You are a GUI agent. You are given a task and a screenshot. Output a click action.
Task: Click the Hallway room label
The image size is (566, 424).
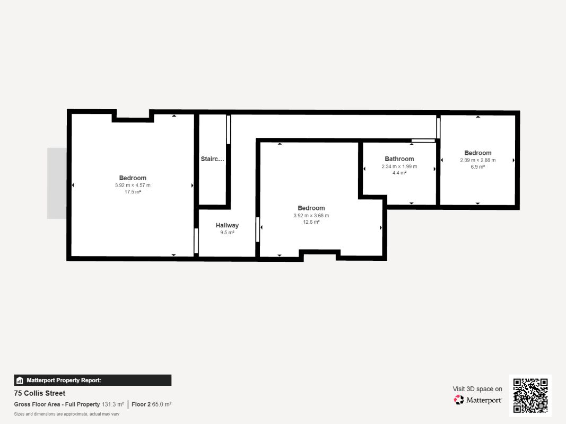227,225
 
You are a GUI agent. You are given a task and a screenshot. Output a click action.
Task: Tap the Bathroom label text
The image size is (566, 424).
399,159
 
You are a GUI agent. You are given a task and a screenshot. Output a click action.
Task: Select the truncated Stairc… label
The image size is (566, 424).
212,159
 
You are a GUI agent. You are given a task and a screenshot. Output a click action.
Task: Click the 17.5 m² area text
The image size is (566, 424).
133,192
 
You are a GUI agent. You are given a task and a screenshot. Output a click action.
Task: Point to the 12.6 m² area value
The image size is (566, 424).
311,222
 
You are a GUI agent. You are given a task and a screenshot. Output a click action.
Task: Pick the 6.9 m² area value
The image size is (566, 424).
477,166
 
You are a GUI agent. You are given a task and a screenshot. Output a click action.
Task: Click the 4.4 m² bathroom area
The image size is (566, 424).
399,173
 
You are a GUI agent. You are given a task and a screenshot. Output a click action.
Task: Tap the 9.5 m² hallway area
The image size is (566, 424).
227,233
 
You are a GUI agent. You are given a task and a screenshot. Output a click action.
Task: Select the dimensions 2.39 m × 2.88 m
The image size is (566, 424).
477,160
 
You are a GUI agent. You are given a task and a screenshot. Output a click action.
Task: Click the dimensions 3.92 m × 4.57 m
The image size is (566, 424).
133,185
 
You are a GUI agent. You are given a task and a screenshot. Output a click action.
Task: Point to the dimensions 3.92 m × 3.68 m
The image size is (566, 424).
311,216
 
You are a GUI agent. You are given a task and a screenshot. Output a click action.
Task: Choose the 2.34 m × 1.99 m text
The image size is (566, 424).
399,166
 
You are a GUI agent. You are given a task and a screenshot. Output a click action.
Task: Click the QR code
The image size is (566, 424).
530,395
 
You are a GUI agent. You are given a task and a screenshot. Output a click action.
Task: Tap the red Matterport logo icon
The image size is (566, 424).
458,400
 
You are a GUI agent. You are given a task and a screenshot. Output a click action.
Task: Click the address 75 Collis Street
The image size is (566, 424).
40,393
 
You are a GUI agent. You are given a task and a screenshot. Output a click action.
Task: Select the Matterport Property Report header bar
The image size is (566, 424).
93,380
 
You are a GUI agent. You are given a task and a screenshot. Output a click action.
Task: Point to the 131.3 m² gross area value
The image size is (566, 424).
113,404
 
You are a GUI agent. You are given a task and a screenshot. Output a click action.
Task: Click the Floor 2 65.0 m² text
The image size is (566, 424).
151,404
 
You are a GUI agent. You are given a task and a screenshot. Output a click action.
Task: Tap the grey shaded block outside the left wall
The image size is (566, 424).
57,183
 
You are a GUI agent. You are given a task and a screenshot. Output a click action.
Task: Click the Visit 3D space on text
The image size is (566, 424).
477,389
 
